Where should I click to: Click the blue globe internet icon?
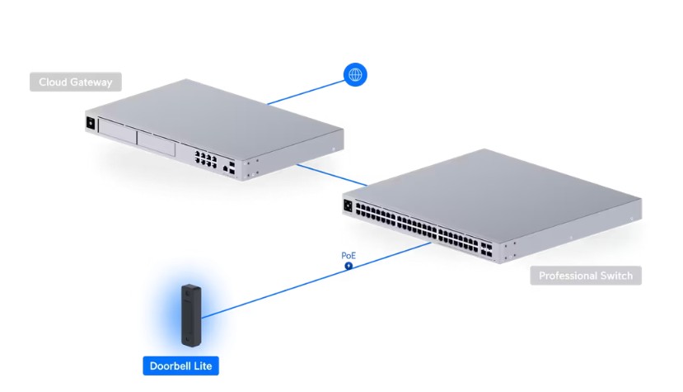tap(355, 75)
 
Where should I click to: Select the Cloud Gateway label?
tap(75, 83)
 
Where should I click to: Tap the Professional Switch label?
tap(586, 276)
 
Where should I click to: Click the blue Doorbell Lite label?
tap(180, 366)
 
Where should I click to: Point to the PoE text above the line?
tap(349, 256)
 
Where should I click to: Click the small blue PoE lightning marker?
tap(349, 266)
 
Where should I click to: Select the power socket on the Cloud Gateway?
tap(89, 123)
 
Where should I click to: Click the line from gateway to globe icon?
tap(305, 92)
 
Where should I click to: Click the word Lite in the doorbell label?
tap(203, 366)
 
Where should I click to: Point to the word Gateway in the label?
tap(93, 83)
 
